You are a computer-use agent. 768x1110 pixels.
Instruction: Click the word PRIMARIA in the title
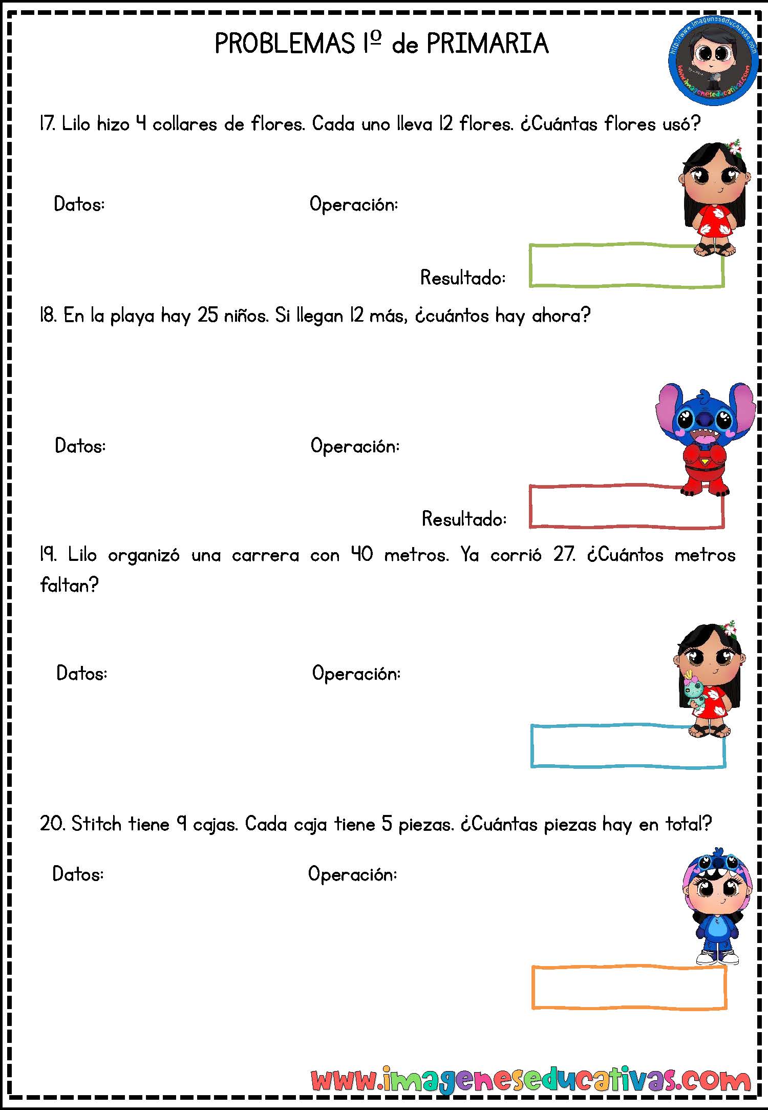487,44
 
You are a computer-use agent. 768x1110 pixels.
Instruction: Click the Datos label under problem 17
79,204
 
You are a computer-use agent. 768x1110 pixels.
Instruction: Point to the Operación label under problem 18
355,446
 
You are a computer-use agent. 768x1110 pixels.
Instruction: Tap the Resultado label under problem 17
463,278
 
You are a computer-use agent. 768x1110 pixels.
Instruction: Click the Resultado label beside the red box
464,519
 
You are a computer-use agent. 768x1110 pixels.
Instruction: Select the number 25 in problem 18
208,316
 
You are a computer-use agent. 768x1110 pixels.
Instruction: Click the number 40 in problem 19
362,554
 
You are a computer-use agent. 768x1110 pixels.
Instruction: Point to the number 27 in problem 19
564,554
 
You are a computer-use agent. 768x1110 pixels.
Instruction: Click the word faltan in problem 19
69,585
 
